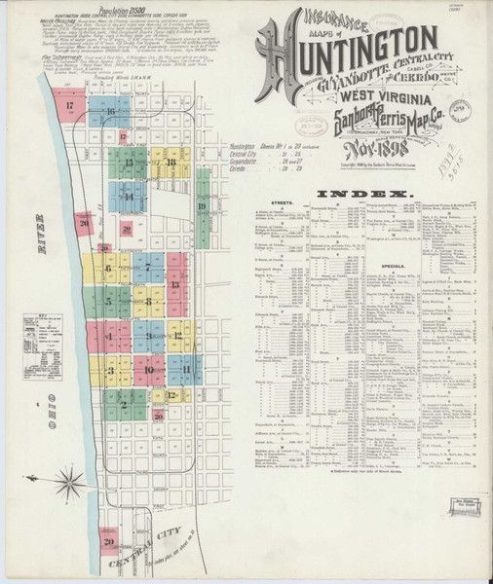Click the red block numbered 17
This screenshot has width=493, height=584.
[x=70, y=106]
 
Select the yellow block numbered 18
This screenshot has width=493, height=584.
[x=171, y=162]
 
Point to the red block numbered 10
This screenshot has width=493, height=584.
[x=148, y=370]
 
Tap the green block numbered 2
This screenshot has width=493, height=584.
[x=124, y=403]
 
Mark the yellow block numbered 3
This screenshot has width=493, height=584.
[x=110, y=370]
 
